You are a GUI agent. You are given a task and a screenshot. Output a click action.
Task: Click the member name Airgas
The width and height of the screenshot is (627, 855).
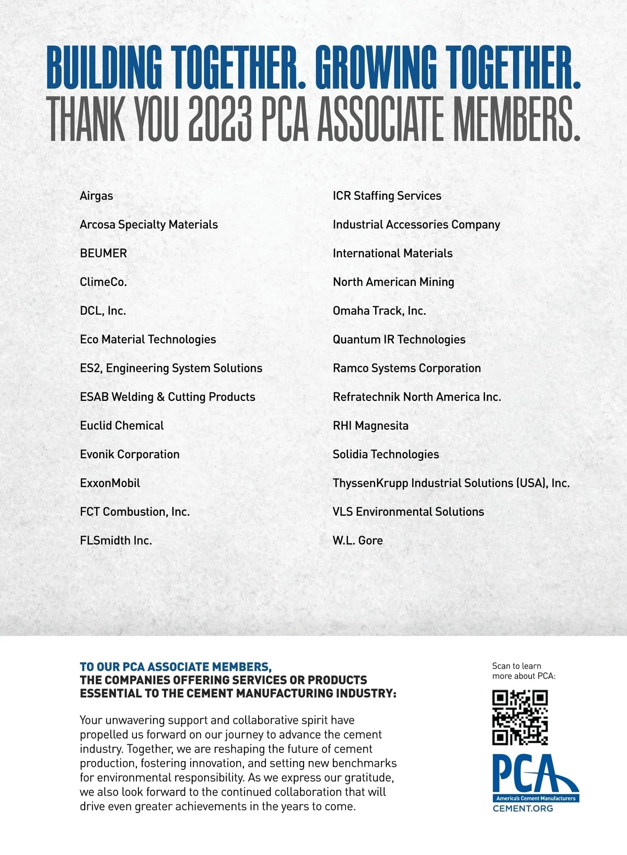pos(96,196)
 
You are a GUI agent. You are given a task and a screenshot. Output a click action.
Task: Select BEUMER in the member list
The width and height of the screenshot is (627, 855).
pos(103,254)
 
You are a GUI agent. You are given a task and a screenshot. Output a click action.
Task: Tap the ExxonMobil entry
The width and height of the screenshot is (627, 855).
pos(110,483)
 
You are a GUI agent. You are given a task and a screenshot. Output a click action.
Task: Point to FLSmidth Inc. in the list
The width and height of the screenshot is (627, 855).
pos(116,541)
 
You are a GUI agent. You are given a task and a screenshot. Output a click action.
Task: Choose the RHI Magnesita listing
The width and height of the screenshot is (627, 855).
pos(370,426)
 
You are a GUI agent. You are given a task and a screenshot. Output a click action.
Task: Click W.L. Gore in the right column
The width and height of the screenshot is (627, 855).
pos(357,541)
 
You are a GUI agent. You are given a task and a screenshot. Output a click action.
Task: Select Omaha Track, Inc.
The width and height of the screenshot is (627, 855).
pos(379,311)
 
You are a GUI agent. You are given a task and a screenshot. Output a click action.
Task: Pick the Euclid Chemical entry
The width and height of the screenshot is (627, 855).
pos(122,426)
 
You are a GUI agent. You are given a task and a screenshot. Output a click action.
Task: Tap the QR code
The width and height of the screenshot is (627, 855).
pos(520,718)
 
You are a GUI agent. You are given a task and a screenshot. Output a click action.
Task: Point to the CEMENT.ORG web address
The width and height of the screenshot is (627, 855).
pos(522,809)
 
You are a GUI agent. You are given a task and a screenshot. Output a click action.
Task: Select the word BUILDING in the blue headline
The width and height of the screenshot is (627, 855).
pos(104,68)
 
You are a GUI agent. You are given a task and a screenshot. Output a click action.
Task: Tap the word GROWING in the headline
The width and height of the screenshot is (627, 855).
pos(375,68)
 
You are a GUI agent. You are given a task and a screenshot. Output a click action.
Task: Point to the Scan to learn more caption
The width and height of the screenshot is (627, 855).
pos(524,671)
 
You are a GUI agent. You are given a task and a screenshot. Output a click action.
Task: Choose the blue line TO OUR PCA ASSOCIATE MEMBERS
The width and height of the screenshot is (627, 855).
pos(176,667)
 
